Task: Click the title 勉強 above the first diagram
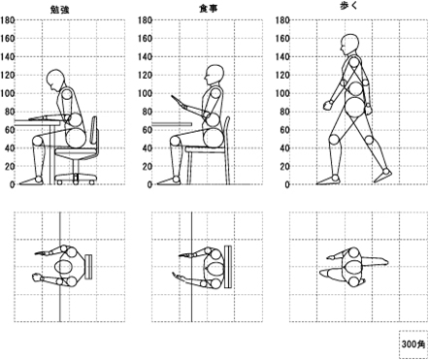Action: click(x=60, y=10)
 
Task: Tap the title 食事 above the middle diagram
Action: click(x=208, y=9)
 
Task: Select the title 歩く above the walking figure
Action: click(x=348, y=6)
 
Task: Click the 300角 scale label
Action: click(x=412, y=344)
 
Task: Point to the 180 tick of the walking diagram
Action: click(x=282, y=20)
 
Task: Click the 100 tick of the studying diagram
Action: click(x=7, y=93)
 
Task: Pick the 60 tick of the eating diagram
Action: click(x=148, y=130)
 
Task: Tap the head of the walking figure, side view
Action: click(x=349, y=45)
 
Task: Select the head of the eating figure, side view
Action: click(x=214, y=75)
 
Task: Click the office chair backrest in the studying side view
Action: click(x=94, y=132)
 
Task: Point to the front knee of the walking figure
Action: click(x=335, y=140)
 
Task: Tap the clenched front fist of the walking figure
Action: click(x=328, y=105)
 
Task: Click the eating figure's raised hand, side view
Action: click(x=178, y=101)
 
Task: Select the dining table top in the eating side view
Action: click(x=172, y=124)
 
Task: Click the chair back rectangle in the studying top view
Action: click(x=88, y=267)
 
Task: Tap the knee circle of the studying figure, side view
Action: click(x=38, y=141)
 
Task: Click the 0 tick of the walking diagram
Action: click(x=286, y=184)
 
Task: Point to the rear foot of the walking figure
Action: click(x=383, y=176)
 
